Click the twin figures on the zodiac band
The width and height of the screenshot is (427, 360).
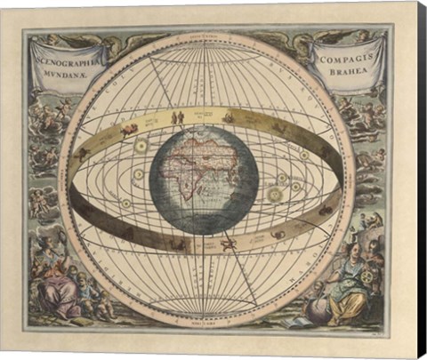tap(177, 116)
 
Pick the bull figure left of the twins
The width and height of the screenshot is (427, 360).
tap(130, 129)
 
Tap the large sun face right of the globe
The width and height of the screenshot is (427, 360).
tap(276, 192)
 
